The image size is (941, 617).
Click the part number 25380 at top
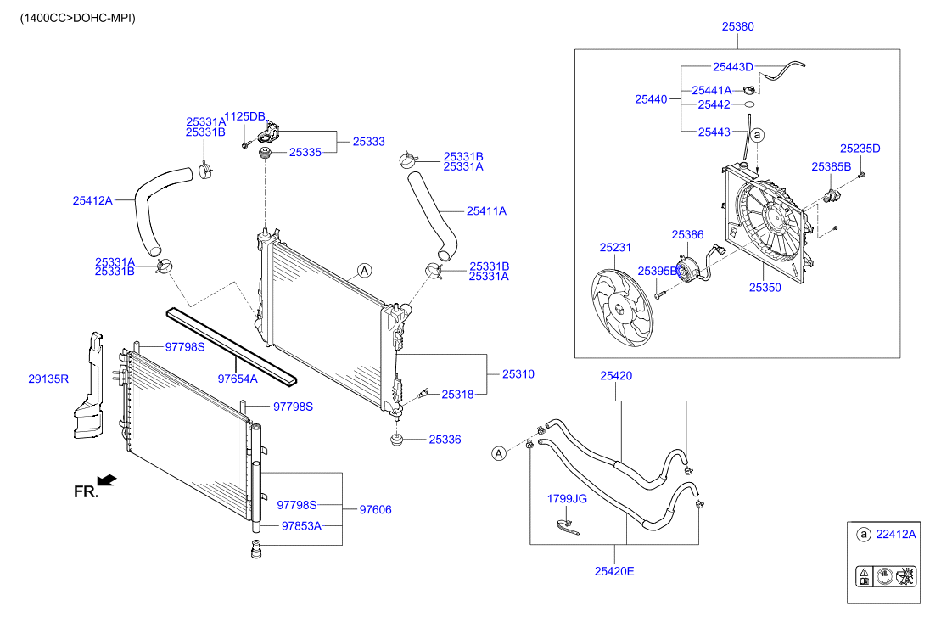[x=737, y=26]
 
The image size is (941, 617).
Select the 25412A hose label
[x=92, y=201]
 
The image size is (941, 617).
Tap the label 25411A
[x=486, y=211]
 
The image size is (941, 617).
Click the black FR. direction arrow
[x=107, y=481]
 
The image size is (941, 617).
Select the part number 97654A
[x=237, y=379]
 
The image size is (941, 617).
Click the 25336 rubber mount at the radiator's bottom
[x=396, y=440]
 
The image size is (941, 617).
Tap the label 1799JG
[x=566, y=499]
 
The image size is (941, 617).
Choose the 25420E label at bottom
[x=614, y=571]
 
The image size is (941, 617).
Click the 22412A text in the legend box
[x=896, y=535]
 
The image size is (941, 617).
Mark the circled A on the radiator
[x=365, y=271]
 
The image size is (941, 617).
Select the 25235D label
[x=860, y=149]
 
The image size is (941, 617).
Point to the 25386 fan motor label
[x=688, y=233]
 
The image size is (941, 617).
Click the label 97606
[x=376, y=510]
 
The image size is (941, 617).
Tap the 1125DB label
[x=244, y=116]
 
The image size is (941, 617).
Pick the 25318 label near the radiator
[x=457, y=394]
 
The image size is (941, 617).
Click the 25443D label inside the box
[x=733, y=66]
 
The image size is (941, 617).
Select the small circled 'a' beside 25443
[x=758, y=134]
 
